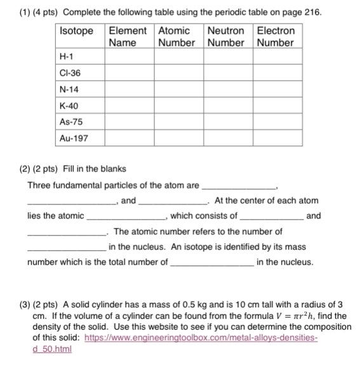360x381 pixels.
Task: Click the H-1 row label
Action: coord(66,57)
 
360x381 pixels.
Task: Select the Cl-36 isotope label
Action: coord(69,74)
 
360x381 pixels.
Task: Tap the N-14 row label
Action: coord(69,90)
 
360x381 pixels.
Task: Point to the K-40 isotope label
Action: coord(69,105)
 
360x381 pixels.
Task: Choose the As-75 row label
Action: coord(70,121)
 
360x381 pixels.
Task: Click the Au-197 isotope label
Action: coord(73,138)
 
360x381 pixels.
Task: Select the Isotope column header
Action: coord(76,31)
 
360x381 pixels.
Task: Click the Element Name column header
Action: coord(128,37)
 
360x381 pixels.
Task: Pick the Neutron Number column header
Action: coord(226,37)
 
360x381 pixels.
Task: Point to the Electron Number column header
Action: coord(276,37)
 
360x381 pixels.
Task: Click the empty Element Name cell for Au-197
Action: coord(129,138)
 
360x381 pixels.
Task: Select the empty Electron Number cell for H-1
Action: coord(277,57)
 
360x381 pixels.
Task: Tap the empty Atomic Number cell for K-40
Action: coord(178,105)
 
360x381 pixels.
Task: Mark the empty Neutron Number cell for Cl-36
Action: coord(228,74)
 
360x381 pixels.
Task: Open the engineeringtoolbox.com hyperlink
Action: coord(184,338)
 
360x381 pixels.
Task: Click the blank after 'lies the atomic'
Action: coord(125,217)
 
